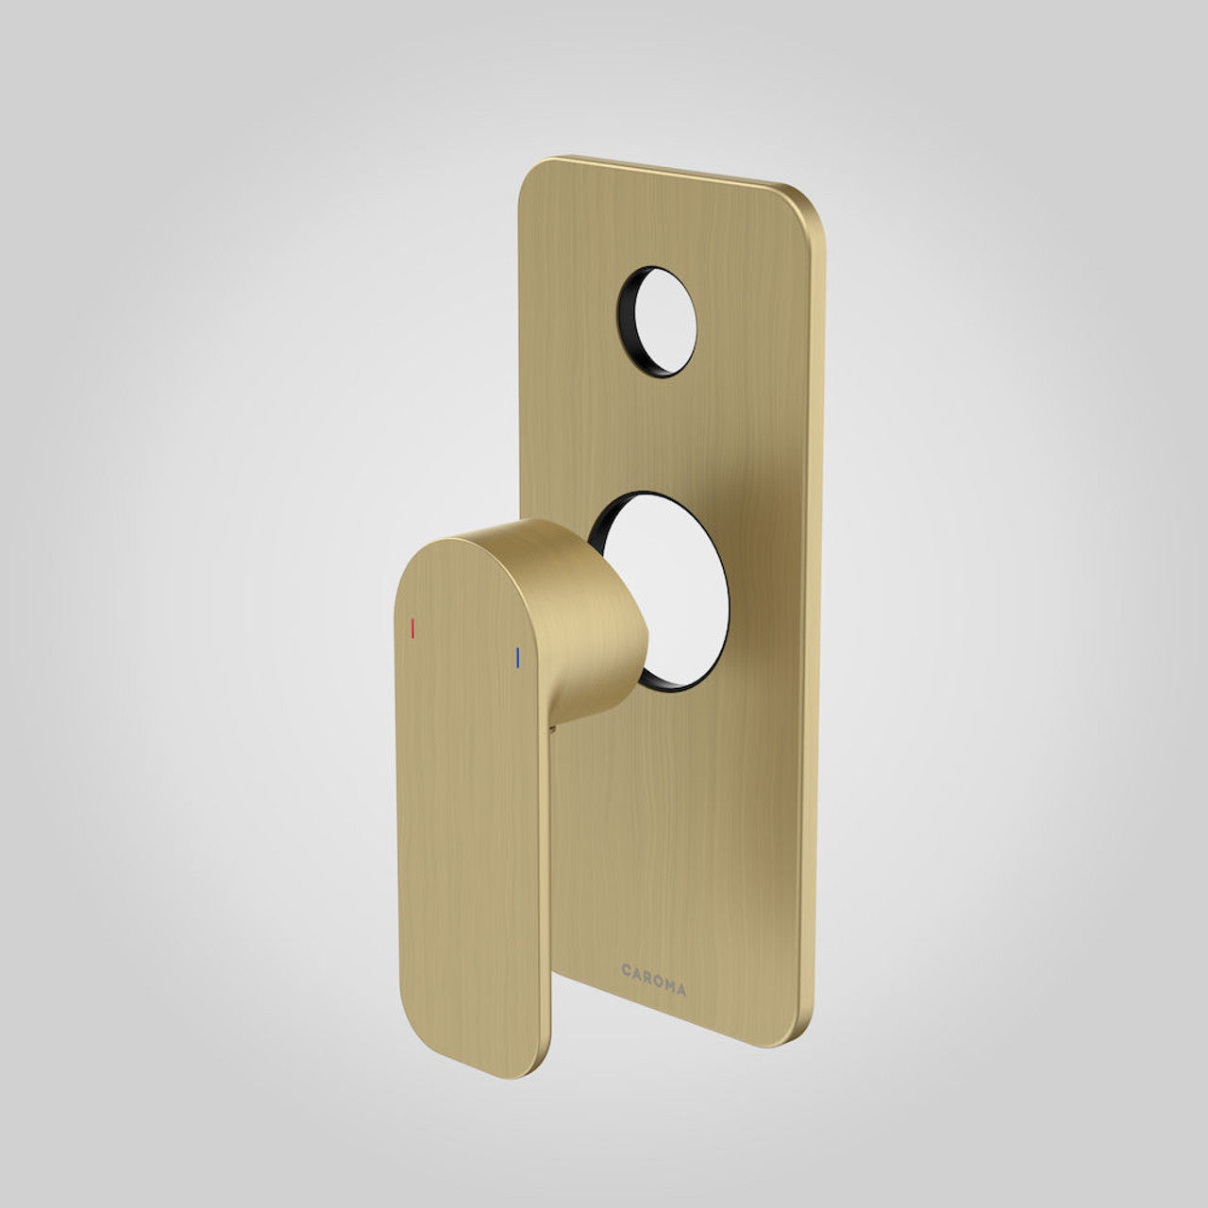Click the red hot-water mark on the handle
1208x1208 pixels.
[412, 629]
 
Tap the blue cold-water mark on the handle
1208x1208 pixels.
[517, 658]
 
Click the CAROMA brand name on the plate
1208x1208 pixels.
[653, 965]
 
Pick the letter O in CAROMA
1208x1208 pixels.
[658, 965]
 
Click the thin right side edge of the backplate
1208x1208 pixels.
[818, 613]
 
